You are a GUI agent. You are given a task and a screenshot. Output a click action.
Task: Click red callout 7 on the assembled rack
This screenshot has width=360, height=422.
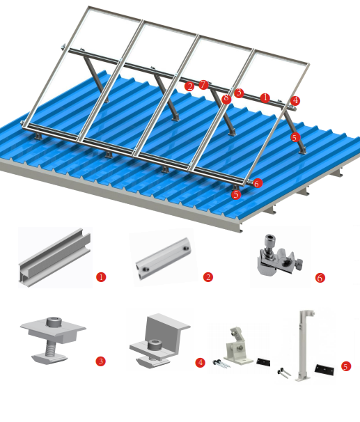coord(203,85)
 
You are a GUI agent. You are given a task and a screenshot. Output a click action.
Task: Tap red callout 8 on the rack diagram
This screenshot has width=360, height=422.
coord(226,99)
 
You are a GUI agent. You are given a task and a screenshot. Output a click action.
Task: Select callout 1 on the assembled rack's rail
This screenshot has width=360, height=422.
coord(265,97)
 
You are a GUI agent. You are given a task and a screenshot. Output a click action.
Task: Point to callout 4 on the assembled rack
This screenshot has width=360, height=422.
coord(296,101)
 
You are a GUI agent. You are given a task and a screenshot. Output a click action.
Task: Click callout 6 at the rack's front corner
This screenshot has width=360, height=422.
coord(258,183)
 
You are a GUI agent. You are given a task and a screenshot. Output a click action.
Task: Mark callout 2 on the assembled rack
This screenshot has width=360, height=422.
coord(190,86)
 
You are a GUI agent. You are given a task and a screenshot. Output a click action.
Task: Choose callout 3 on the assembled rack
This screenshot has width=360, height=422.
coord(239,93)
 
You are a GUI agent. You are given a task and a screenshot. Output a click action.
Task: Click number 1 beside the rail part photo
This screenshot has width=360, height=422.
coord(101,277)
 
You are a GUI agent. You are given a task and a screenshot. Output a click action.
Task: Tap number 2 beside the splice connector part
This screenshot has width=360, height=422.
coord(208,277)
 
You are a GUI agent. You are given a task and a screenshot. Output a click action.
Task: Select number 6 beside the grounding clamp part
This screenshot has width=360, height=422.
coord(320,278)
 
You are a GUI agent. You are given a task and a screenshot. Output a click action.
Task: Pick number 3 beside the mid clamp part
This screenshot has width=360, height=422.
coord(101,361)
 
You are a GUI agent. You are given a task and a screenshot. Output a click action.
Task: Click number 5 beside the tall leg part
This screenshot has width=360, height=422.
coord(346,366)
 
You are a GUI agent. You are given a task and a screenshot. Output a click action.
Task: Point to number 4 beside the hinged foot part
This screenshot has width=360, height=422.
coord(201,362)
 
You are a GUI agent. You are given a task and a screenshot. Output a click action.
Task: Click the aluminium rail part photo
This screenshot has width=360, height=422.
coord(54,258)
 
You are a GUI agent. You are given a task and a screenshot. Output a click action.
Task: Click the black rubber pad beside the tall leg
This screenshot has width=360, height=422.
coord(324,367)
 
